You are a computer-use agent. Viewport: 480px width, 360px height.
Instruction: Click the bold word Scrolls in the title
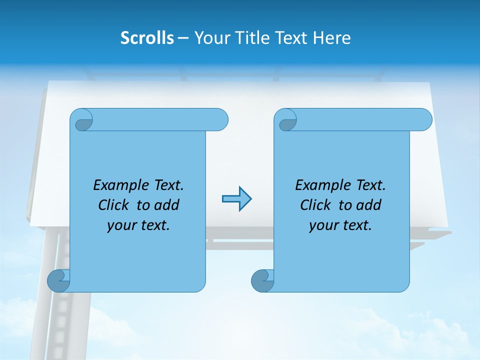click(147, 38)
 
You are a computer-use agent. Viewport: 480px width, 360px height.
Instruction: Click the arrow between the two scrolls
click(236, 199)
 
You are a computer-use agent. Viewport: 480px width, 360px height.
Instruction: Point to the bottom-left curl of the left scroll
click(57, 280)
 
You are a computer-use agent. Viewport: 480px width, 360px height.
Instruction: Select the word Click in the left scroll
click(114, 205)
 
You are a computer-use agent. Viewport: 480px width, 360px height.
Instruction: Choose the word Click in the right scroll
click(316, 205)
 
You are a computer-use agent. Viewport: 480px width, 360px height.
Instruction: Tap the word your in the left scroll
click(120, 225)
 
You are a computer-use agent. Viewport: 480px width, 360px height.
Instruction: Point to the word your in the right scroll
click(322, 225)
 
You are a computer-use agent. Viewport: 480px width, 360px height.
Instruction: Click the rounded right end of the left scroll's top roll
click(220, 120)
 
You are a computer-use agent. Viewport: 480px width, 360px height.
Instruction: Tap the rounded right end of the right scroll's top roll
click(424, 120)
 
